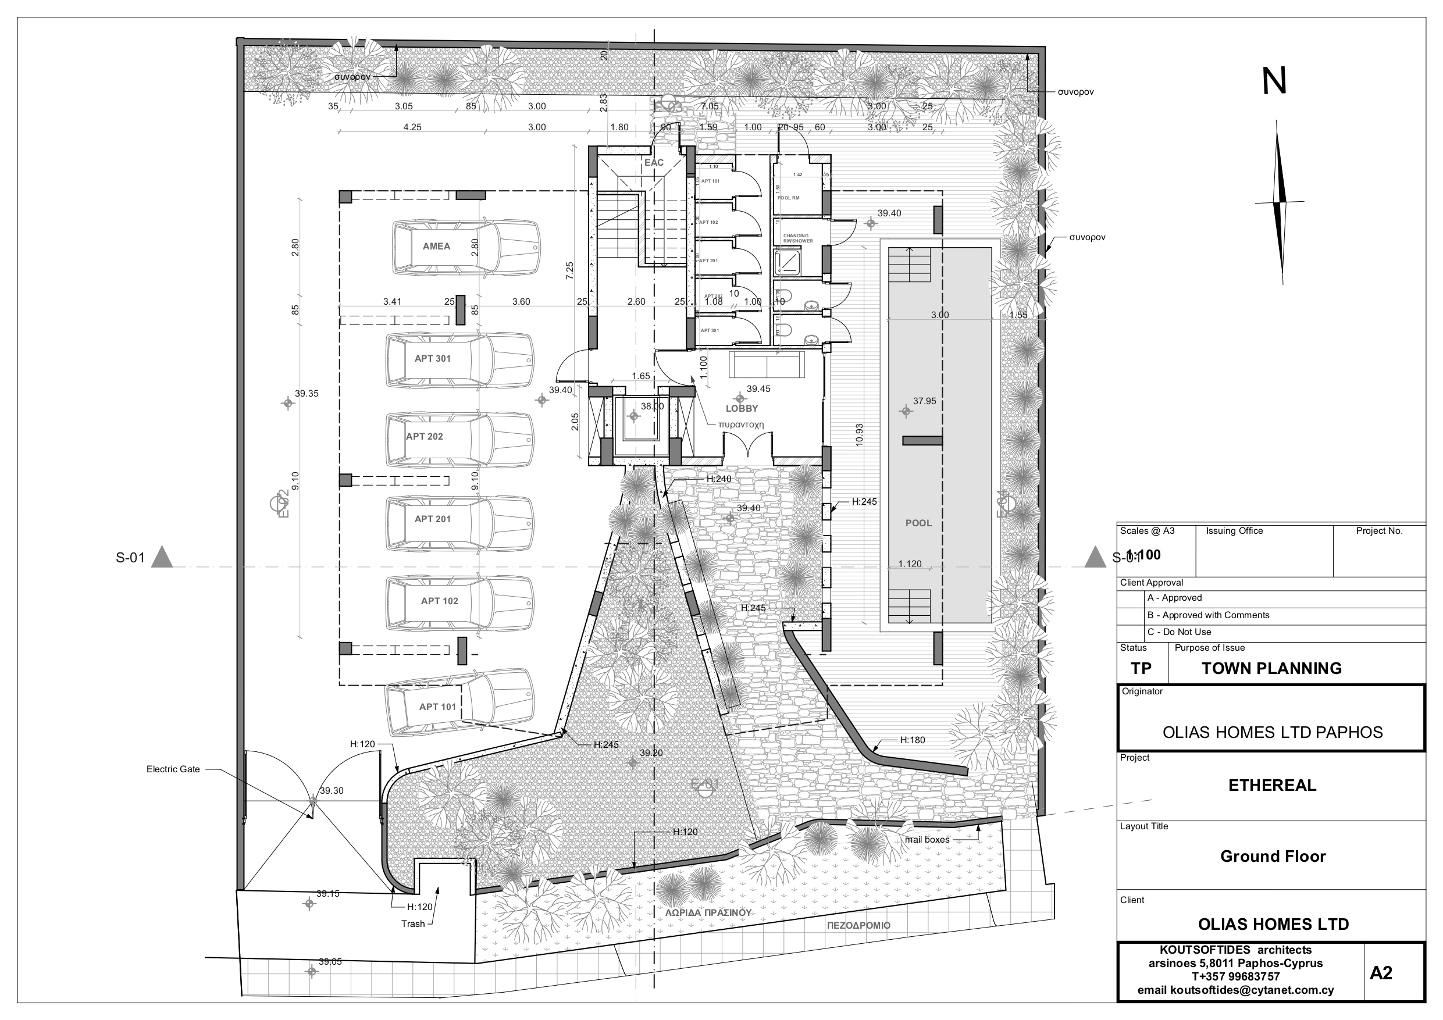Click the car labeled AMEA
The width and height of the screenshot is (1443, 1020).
click(x=465, y=247)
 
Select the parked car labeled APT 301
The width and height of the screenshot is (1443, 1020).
click(x=459, y=359)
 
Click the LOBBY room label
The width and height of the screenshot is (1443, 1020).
click(x=742, y=408)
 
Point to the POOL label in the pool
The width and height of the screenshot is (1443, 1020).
click(x=918, y=523)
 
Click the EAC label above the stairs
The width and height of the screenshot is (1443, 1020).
click(x=654, y=163)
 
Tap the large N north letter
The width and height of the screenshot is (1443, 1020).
click(x=1274, y=83)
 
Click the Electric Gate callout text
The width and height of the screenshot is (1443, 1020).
click(x=173, y=769)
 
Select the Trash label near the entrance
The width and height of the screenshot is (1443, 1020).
click(x=413, y=924)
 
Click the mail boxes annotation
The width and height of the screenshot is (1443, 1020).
click(x=927, y=840)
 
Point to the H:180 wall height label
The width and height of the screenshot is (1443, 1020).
click(x=912, y=740)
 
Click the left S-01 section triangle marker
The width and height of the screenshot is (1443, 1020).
click(x=162, y=558)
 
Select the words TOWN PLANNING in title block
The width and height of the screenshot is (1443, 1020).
click(x=1271, y=668)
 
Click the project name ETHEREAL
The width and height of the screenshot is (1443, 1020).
click(x=1272, y=785)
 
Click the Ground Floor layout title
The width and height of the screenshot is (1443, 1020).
click(x=1273, y=856)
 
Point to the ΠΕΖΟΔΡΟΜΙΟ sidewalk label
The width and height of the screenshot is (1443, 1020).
click(x=858, y=926)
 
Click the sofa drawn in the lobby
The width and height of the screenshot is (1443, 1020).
click(x=766, y=365)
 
